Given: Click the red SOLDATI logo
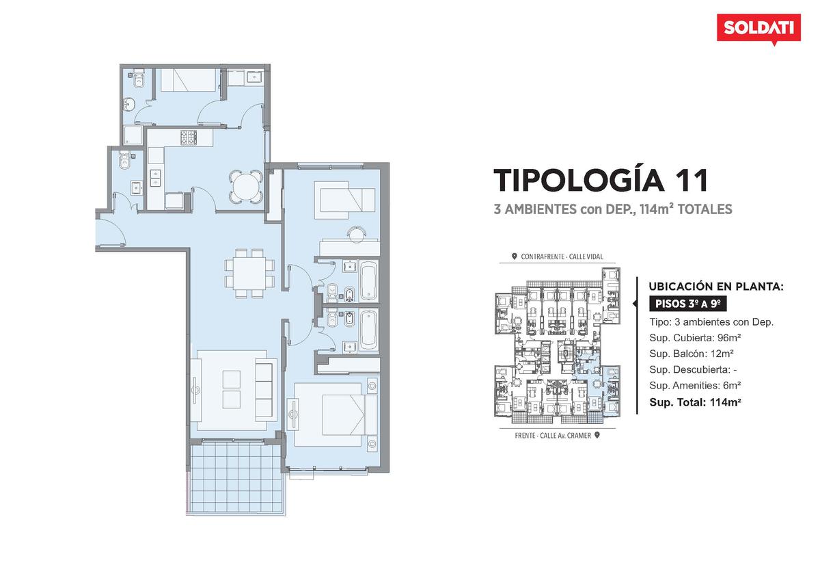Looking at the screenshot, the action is point(759,29).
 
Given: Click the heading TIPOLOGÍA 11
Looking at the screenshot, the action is point(601,181).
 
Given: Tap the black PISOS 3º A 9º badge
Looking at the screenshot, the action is point(688,304).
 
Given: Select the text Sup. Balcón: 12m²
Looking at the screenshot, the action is point(692,354).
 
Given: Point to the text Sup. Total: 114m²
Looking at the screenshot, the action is point(696,402).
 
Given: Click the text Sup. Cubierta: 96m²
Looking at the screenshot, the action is point(695,337).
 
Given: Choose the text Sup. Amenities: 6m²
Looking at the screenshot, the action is point(695,386).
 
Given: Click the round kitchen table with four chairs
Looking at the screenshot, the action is point(245,187).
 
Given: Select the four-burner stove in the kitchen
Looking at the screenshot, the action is point(189,137).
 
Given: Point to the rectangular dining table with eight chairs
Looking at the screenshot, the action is point(249,273).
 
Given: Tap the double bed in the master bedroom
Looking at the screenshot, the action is point(336,414).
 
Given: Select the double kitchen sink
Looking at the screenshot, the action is point(156,178).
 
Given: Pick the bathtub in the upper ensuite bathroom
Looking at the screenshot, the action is point(368,280).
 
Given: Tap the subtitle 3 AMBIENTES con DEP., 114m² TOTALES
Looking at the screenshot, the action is point(613,209).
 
